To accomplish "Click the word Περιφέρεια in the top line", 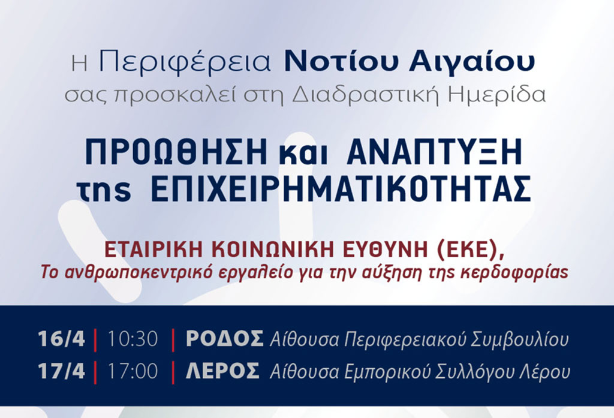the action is tap(185, 62).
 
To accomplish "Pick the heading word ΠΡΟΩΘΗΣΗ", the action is tap(176, 153).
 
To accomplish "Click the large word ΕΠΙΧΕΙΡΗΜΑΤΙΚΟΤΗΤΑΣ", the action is tap(341, 188).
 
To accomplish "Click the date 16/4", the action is tap(62, 339).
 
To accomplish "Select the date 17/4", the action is tap(62, 371).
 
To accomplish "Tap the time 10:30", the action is tap(133, 339).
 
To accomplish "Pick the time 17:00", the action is tap(133, 371).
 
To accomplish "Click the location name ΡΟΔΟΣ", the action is tap(224, 339).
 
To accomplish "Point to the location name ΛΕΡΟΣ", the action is tap(222, 371).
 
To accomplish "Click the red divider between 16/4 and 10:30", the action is tap(95, 341).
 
